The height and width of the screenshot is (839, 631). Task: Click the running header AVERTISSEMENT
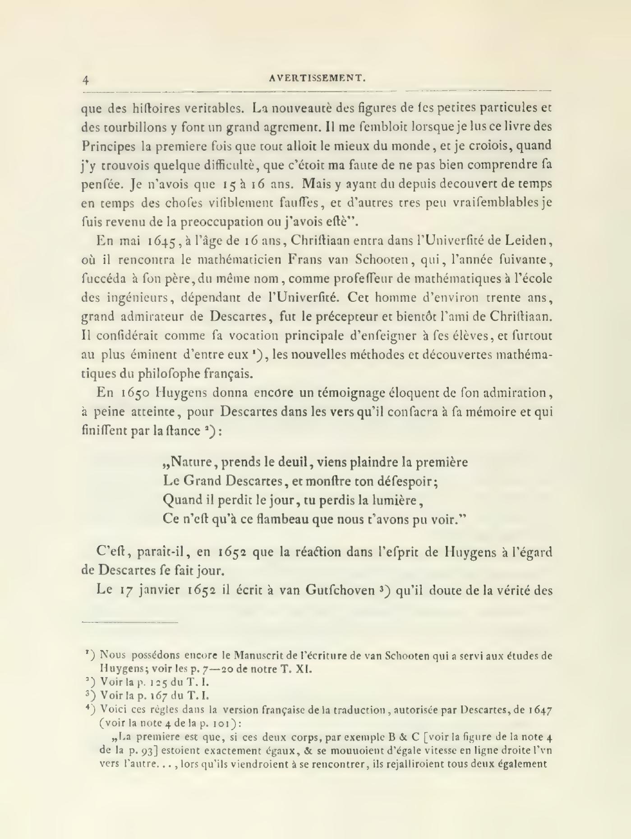click(x=317, y=78)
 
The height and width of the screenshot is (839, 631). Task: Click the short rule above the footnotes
click(x=130, y=623)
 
